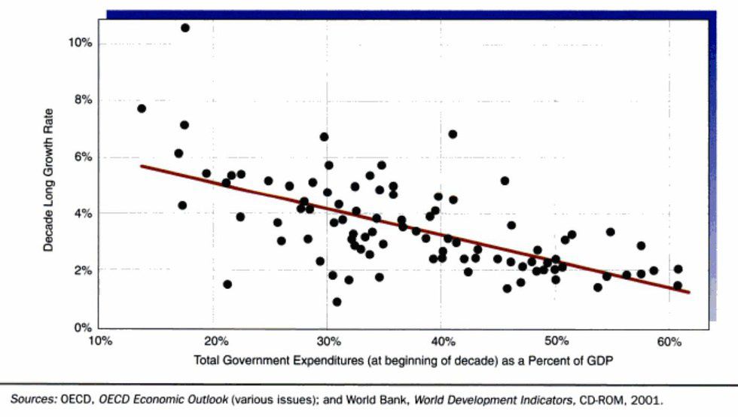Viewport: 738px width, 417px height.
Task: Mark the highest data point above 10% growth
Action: pyautogui.click(x=185, y=28)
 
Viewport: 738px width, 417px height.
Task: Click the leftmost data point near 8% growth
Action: pyautogui.click(x=142, y=108)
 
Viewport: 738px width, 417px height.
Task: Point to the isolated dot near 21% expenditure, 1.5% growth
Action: pyautogui.click(x=227, y=284)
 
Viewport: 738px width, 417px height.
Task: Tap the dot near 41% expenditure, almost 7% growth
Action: pyautogui.click(x=453, y=134)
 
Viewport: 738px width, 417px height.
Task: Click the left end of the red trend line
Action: pyautogui.click(x=142, y=166)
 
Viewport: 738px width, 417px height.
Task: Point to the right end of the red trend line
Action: pyautogui.click(x=688, y=292)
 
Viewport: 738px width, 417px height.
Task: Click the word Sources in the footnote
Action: pyautogui.click(x=32, y=398)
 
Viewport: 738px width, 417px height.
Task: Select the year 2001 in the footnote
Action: pyautogui.click(x=646, y=398)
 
